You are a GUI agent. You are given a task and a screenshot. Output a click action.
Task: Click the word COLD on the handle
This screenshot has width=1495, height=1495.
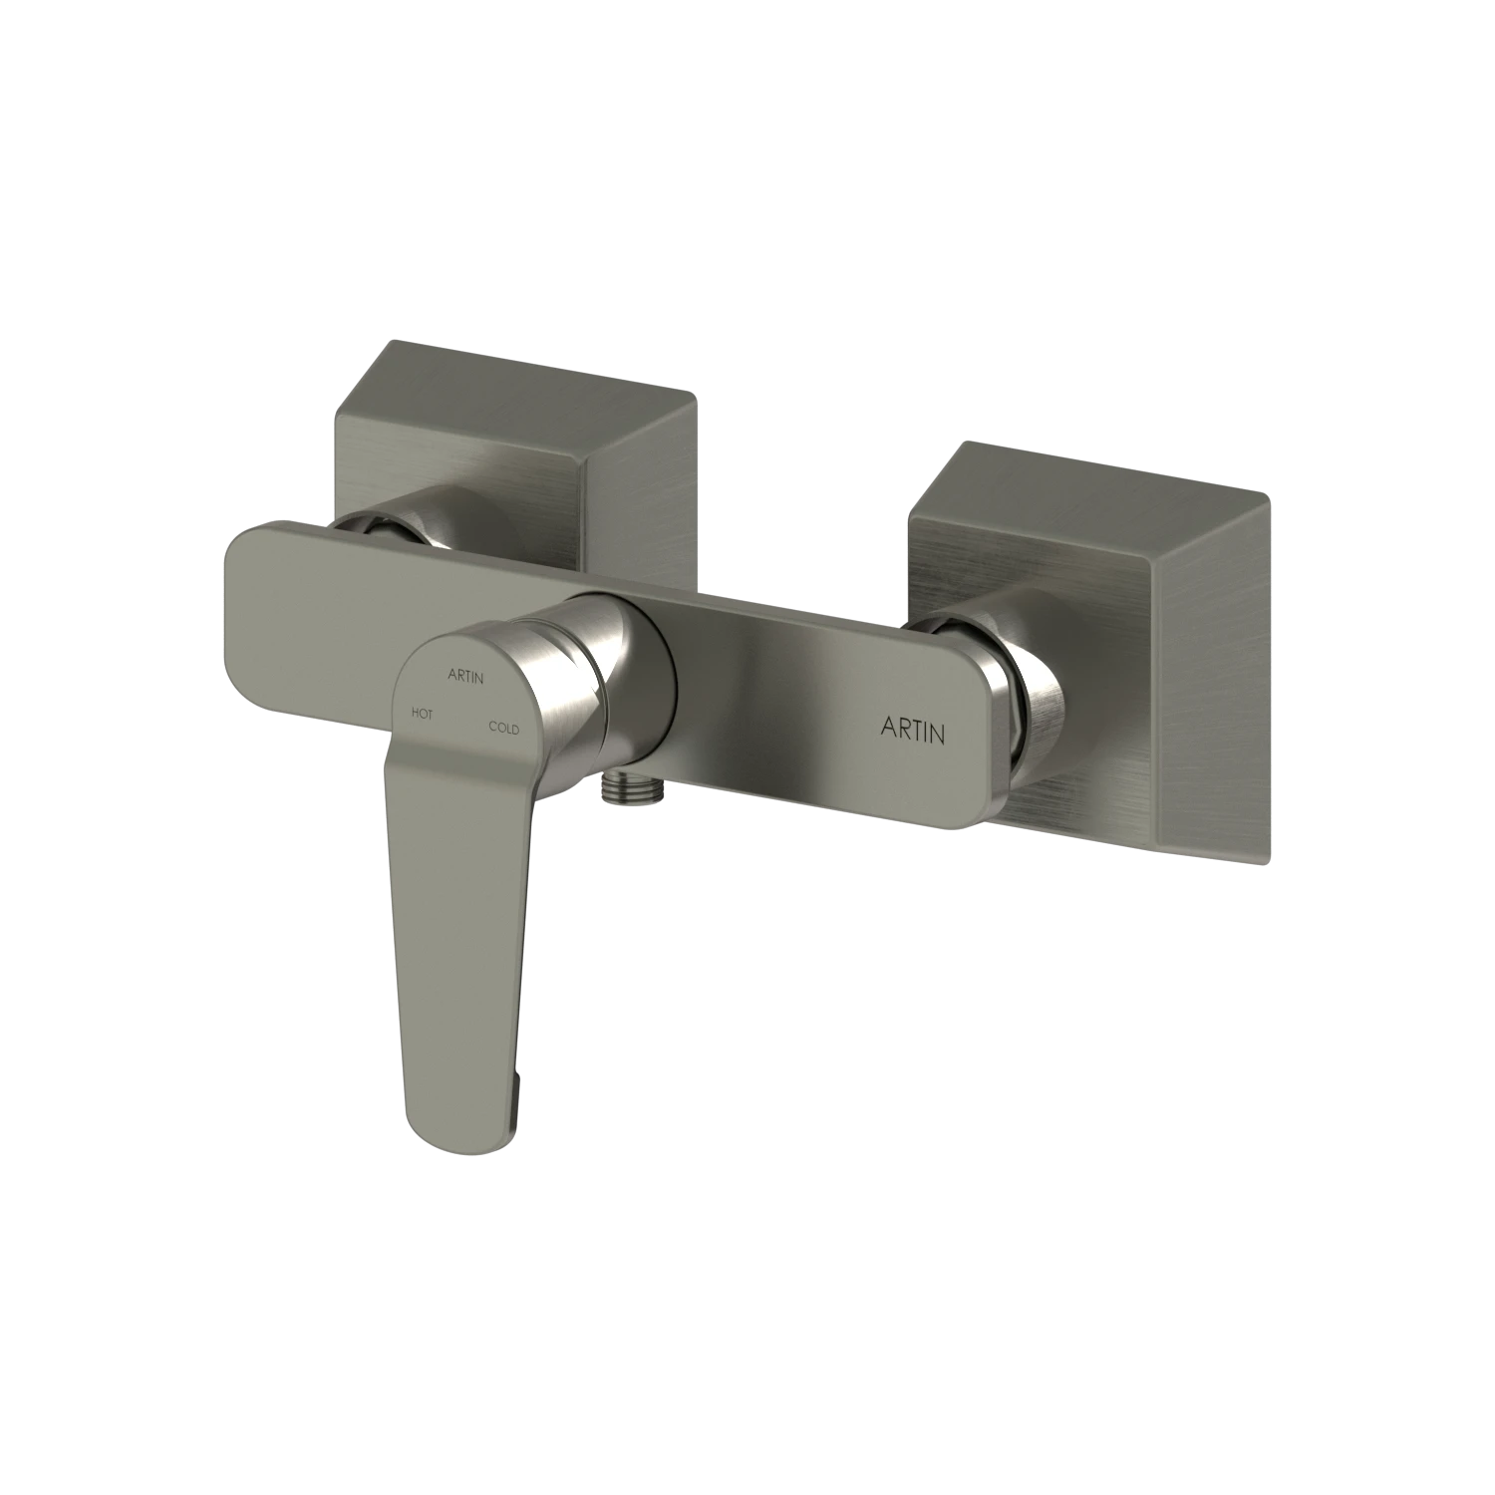(x=503, y=728)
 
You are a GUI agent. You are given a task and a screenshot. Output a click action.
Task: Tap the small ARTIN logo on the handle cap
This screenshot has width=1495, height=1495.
(x=465, y=678)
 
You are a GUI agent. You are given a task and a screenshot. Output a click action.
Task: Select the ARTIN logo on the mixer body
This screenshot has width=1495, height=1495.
(x=913, y=730)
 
